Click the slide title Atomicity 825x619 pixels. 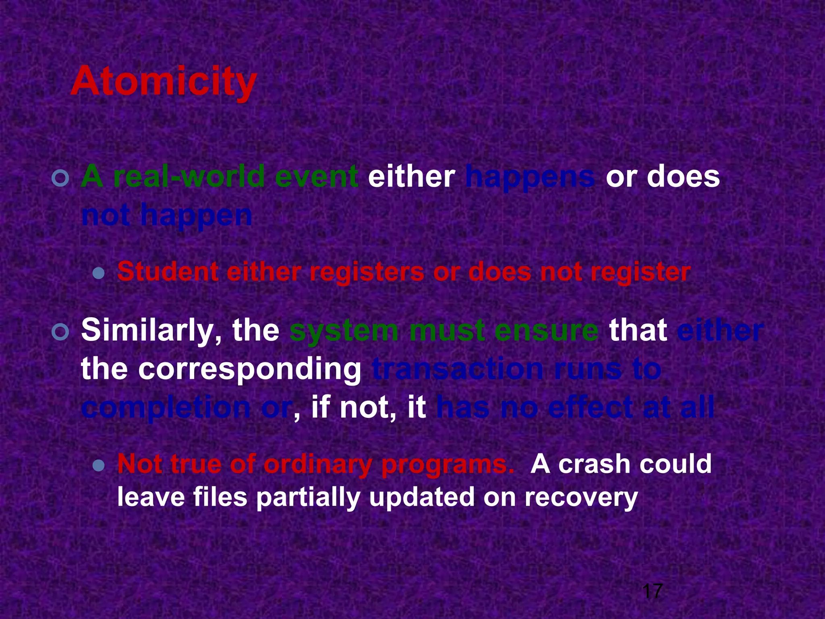(164, 82)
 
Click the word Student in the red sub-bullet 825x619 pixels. (168, 272)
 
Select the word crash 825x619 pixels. (594, 464)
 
